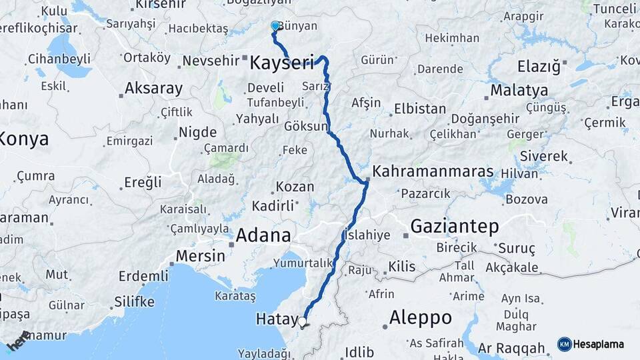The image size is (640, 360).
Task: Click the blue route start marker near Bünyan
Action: (275, 26)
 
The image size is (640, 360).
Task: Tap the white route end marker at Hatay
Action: (302, 322)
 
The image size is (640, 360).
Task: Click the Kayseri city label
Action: (281, 64)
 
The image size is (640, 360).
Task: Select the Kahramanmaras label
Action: (433, 171)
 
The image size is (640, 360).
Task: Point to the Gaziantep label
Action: (454, 227)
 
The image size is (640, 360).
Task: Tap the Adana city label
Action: (263, 235)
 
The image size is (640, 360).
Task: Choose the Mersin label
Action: (200, 256)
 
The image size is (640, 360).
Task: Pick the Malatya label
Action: (519, 90)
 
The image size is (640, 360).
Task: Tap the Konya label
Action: (24, 139)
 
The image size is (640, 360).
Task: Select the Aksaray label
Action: (153, 88)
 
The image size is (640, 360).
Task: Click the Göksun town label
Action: (306, 126)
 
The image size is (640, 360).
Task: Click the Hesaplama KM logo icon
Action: (565, 344)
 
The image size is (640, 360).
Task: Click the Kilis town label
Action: (402, 267)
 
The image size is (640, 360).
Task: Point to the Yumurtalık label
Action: (307, 263)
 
